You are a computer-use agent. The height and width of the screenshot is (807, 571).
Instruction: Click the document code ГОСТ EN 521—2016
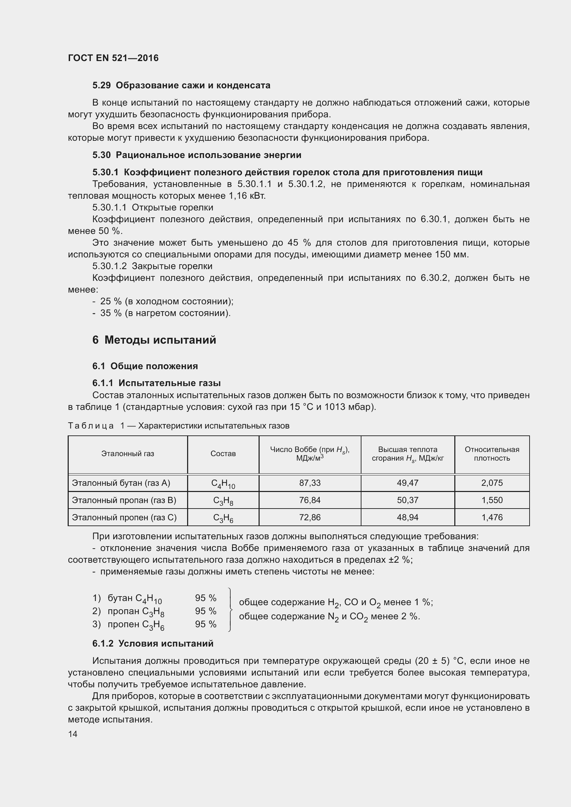113,58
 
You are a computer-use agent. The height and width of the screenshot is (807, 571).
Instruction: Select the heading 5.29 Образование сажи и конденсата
181,86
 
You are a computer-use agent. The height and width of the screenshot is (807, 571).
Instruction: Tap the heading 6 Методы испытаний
154,340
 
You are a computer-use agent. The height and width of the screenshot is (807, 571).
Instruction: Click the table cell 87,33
310,483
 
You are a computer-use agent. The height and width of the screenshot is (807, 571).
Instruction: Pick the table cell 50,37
407,500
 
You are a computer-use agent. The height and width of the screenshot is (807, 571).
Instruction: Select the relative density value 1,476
492,518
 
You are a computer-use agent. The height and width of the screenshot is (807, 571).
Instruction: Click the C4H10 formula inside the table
223,484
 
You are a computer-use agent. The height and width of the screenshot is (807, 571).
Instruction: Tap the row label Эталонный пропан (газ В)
124,500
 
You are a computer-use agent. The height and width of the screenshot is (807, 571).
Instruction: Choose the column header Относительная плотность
492,454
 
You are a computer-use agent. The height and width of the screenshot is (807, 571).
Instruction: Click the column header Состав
223,454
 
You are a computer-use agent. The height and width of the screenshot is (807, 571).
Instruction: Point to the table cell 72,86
310,518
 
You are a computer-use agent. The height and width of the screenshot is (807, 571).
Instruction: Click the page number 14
73,734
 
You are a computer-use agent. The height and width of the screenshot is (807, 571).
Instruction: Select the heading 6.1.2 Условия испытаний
153,643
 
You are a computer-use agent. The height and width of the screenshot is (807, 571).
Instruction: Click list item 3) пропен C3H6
128,624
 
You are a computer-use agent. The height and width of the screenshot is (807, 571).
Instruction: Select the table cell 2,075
492,483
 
